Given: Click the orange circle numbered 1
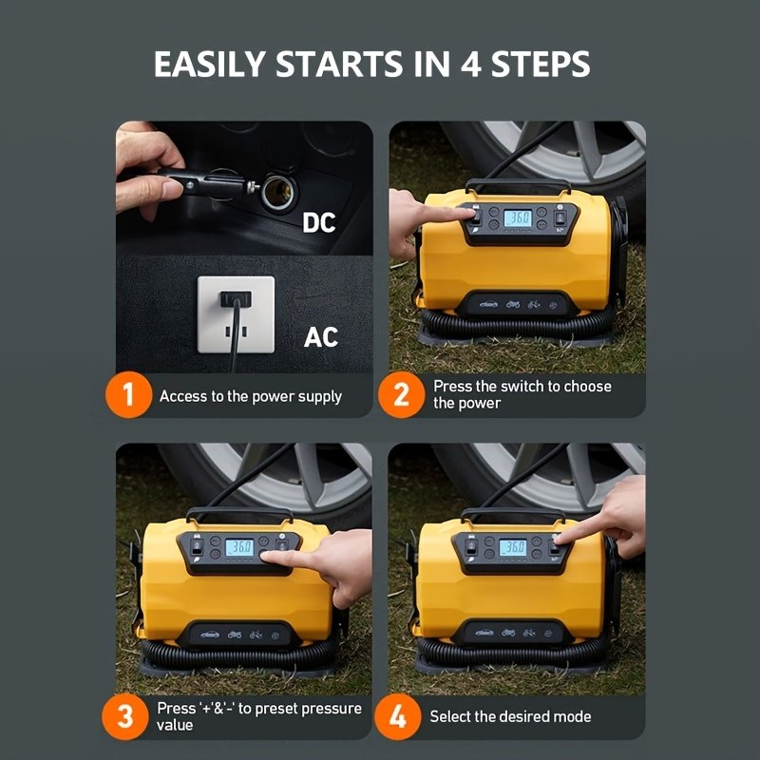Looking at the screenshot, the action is [x=128, y=394].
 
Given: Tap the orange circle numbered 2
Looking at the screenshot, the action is [x=401, y=394].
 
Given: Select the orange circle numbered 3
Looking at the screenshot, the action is [x=125, y=716].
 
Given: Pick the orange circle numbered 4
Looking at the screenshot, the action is [x=397, y=716].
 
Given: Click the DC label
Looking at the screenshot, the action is [x=319, y=223].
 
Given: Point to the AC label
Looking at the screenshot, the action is [x=321, y=337].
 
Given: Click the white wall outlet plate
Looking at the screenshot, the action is [x=236, y=314].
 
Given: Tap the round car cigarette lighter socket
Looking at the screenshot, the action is [x=277, y=192].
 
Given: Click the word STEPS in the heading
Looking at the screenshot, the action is [x=541, y=64].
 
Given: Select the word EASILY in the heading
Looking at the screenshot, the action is [x=209, y=64].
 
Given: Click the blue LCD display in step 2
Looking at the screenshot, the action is [x=518, y=218].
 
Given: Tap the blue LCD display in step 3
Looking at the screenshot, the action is [x=239, y=548].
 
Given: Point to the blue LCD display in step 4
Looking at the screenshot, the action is [x=513, y=548].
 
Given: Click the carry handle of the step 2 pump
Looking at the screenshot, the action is [x=518, y=183].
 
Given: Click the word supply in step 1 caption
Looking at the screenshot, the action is [x=319, y=397].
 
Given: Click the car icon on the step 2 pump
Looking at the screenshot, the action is [x=488, y=305].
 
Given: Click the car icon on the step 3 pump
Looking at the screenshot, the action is [x=210, y=635].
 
